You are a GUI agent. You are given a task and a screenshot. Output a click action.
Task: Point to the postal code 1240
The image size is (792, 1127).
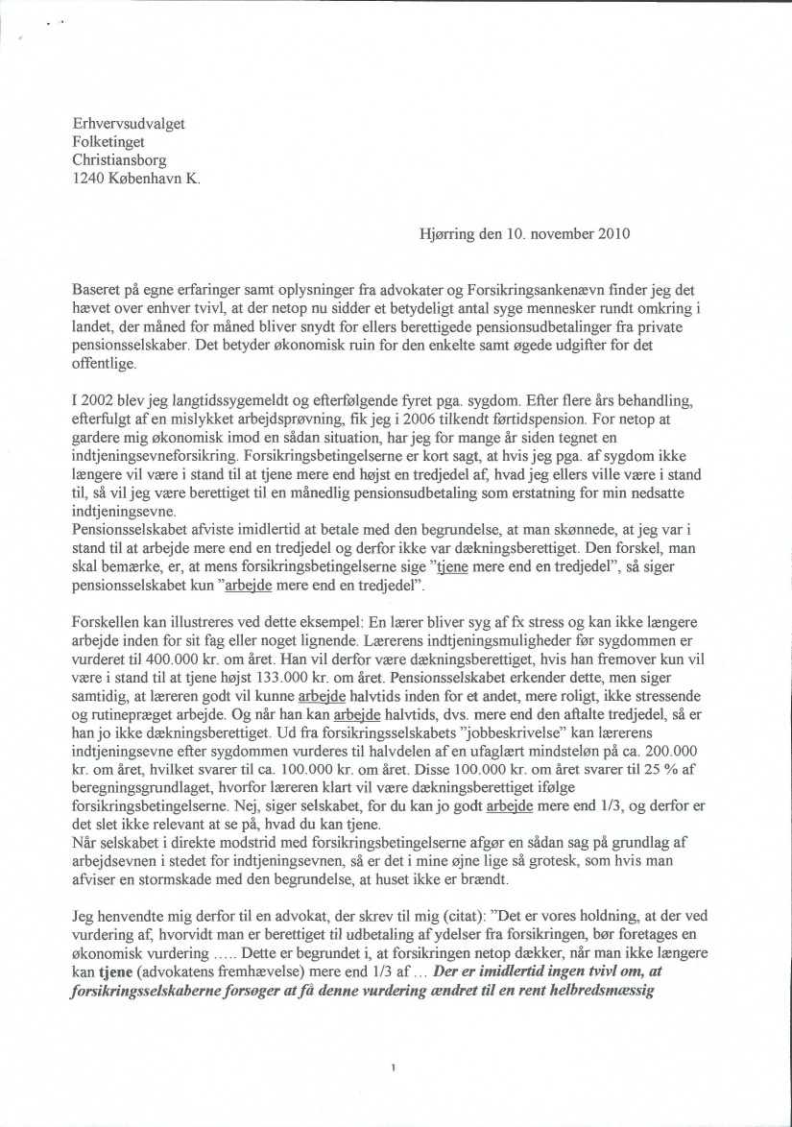point(90,179)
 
